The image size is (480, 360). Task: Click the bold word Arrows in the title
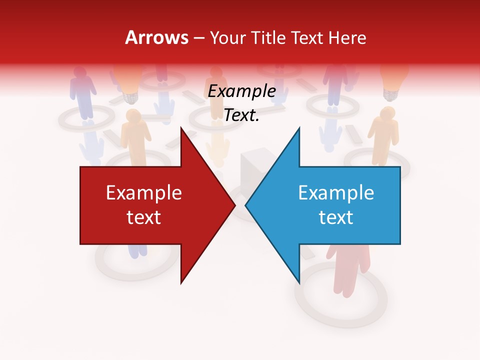157,37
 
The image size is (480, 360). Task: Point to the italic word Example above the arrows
242,91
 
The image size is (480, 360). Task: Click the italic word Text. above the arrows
242,115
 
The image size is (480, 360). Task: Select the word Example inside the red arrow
144,192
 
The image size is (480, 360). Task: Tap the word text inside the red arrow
144,217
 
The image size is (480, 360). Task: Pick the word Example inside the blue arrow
336,192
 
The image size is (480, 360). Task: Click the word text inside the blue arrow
336,217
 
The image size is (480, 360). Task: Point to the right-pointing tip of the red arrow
234,205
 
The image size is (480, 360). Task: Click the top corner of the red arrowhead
181,128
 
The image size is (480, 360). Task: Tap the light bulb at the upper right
394,80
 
